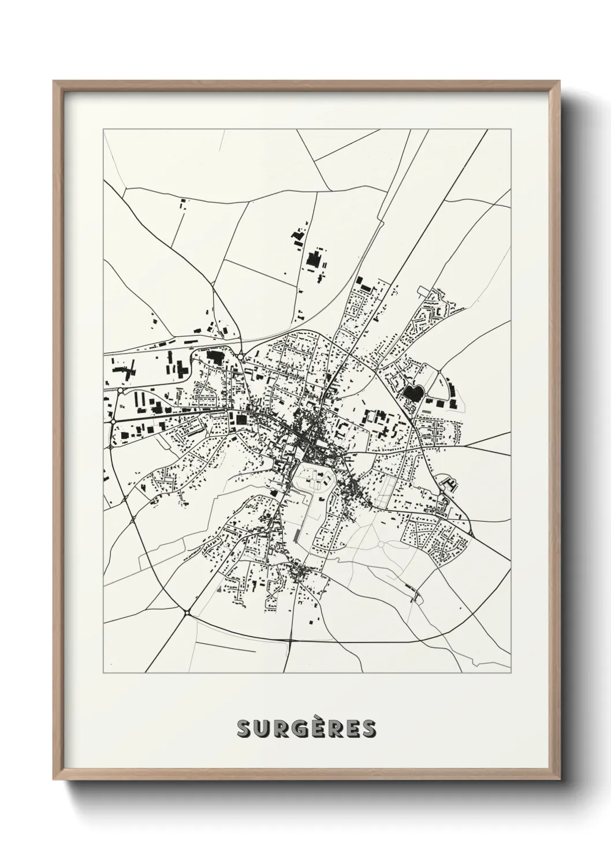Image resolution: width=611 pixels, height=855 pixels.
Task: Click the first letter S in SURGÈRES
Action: click(x=244, y=729)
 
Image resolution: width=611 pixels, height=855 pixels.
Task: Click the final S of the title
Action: click(x=367, y=729)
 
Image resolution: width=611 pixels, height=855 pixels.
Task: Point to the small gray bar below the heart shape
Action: click(x=426, y=411)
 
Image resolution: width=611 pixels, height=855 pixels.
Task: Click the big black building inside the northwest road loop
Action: click(x=214, y=358)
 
